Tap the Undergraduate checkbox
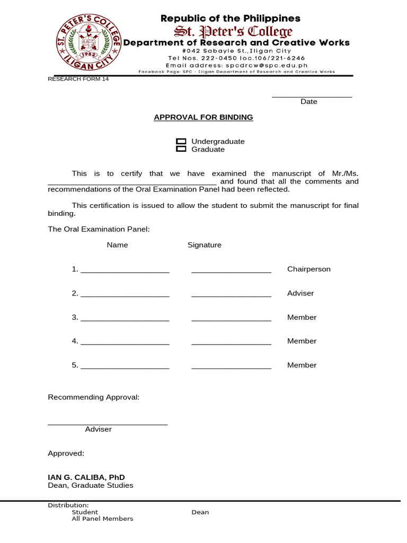(181, 142)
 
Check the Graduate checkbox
(181, 149)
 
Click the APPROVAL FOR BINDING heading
(203, 117)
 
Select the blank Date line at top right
(312, 95)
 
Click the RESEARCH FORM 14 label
(78, 79)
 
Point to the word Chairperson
(308, 269)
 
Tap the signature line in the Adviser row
(231, 295)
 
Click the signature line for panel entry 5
(231, 367)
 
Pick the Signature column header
(205, 245)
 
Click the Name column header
(117, 245)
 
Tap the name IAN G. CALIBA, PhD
(86, 477)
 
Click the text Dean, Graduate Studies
(91, 485)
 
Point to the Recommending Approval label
(94, 397)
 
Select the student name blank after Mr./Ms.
(132, 183)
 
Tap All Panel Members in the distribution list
(102, 519)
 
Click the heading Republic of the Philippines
(231, 19)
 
